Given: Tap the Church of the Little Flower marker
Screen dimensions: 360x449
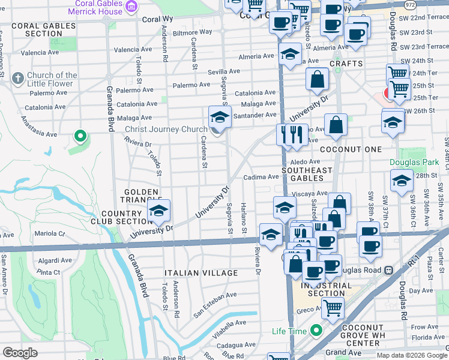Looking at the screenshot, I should pyautogui.click(x=17, y=79).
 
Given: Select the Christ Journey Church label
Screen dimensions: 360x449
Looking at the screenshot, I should pyautogui.click(x=166, y=130).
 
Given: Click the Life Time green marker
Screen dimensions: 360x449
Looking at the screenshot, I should pyautogui.click(x=316, y=331).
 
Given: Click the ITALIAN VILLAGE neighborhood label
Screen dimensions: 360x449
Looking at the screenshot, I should pyautogui.click(x=199, y=273).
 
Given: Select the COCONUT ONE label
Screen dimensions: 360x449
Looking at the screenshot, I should pyautogui.click(x=351, y=149).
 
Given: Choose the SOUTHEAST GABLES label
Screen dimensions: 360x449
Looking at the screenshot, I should pyautogui.click(x=307, y=175).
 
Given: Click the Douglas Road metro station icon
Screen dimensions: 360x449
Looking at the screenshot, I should pyautogui.click(x=388, y=271).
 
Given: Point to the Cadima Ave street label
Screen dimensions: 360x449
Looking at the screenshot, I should pyautogui.click(x=261, y=177).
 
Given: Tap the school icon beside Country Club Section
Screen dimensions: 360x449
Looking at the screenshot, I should pyautogui.click(x=158, y=211).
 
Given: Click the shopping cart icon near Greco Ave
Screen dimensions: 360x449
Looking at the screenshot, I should pyautogui.click(x=333, y=308).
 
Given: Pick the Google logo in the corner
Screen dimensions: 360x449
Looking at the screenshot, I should pyautogui.click(x=20, y=353).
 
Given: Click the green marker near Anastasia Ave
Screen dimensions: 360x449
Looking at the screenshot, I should pyautogui.click(x=80, y=136).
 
